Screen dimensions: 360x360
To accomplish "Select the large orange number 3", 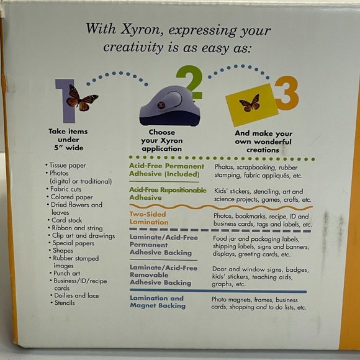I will coord(286,93).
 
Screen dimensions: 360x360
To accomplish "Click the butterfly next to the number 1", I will coord(82,97).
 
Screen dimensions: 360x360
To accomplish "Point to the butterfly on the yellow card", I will coord(250,103).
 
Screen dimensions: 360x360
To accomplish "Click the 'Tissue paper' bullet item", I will coord(66,166).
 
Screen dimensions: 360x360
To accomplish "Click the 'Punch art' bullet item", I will coord(67,272).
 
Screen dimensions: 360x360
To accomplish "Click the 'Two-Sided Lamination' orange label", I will coord(149,218).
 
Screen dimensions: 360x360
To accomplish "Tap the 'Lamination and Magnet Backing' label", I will coord(156,302).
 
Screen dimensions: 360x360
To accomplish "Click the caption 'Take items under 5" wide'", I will coord(68,140).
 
